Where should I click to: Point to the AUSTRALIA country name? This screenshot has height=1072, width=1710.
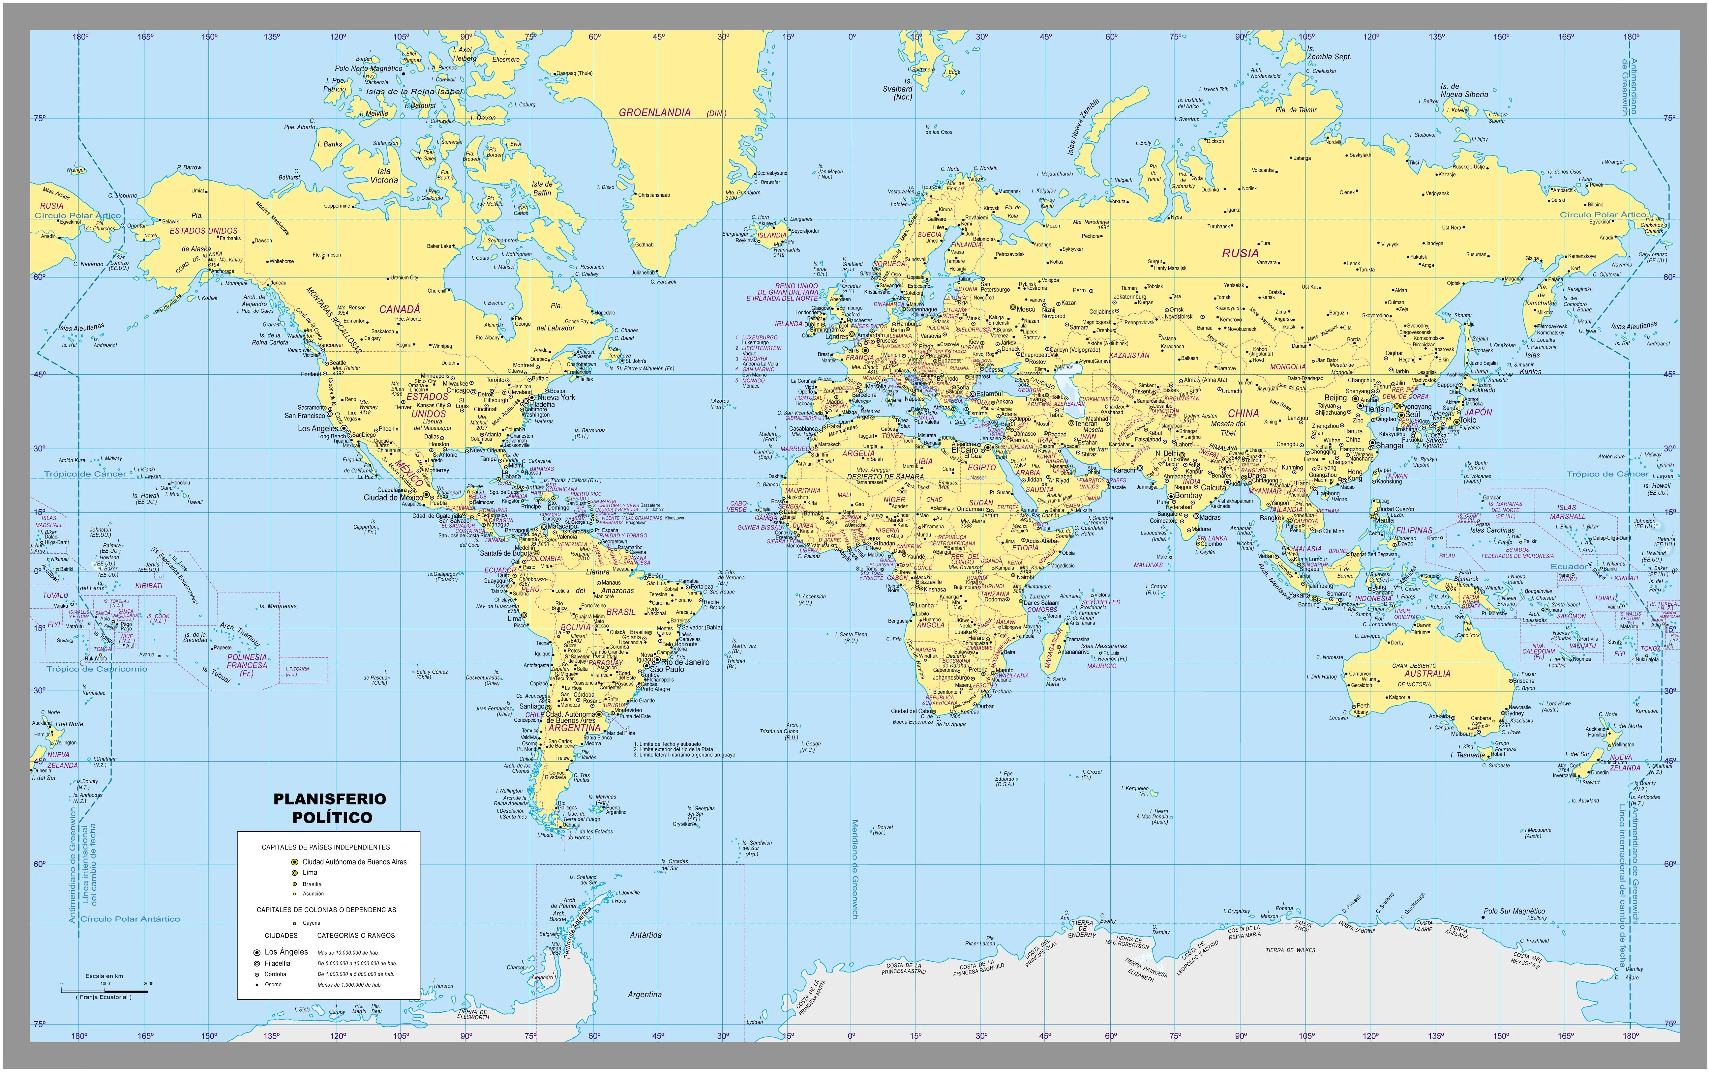coord(1427,674)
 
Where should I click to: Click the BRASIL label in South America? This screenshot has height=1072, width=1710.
coord(620,612)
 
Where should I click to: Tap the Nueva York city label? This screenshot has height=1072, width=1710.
coord(556,398)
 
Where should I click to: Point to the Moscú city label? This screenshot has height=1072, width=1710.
coord(1026,309)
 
